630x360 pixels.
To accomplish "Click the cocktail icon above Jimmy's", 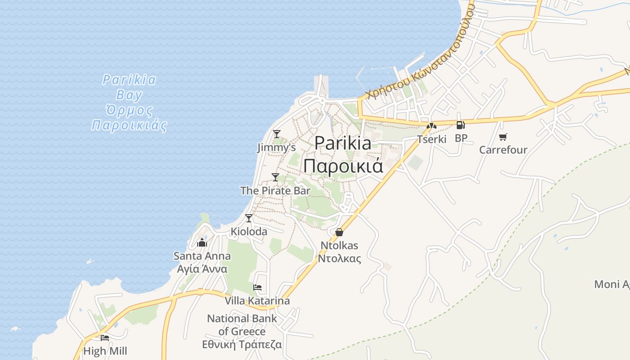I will coord(277,134).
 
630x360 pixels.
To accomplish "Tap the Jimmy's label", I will coord(276,148).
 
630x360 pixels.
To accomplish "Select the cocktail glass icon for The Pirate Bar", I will coord(275,177).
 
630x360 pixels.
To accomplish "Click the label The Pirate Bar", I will coord(275,191).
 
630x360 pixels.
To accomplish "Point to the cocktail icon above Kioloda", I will coord(249,218).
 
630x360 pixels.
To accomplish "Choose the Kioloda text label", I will coord(249,232).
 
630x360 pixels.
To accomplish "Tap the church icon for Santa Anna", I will coord(202,243).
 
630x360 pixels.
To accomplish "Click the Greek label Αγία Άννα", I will coord(202,269).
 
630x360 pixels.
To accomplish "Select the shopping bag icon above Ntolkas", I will coord(339,232).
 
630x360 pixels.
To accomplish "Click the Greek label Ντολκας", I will coord(339,258).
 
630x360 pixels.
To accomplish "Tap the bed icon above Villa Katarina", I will coord(257,287).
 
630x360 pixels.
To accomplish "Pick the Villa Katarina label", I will coord(257,301).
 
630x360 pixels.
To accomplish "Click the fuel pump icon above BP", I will coord(460,125).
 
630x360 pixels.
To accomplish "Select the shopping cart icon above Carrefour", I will coord(503,137).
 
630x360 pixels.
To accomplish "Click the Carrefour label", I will coord(503,150).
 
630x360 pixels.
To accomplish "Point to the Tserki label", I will coord(432,139).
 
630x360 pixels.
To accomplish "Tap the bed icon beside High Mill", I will coord(105,337).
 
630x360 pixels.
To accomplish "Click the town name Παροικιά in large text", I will coord(343,166).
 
